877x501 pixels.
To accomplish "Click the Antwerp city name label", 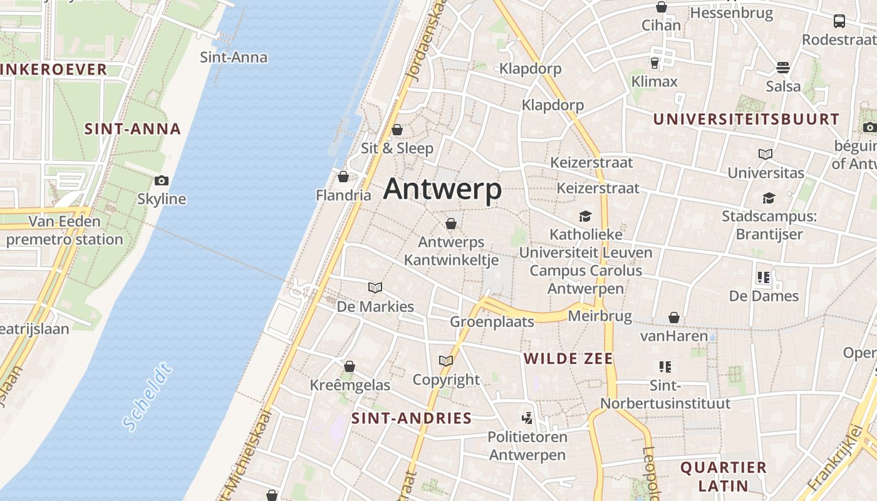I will (442, 189).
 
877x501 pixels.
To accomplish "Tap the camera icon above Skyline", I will (162, 181).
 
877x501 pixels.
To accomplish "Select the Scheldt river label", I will (147, 396).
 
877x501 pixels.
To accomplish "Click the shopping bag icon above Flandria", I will (343, 177).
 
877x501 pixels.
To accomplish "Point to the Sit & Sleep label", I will (397, 148).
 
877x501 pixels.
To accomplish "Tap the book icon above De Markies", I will (375, 287).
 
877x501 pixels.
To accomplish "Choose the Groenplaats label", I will (492, 322).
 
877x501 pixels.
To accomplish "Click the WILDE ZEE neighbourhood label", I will (568, 359).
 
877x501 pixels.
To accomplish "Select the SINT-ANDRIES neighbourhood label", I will (412, 418).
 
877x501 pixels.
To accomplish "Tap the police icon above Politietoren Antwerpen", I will (527, 418).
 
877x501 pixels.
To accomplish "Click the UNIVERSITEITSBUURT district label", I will (746, 119).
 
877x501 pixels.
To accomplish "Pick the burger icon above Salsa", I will (783, 67).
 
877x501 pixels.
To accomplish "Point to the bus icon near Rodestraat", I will (839, 21).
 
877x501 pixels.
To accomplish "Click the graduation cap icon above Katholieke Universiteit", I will (585, 216).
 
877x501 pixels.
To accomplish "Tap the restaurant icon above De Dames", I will (763, 277).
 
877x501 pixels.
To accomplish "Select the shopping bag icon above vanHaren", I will (674, 318).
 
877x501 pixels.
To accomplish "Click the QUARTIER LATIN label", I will (724, 476).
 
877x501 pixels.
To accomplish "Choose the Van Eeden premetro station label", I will (65, 230).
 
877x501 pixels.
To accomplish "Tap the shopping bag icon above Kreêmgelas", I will (350, 366).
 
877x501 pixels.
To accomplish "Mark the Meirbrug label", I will (599, 316).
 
